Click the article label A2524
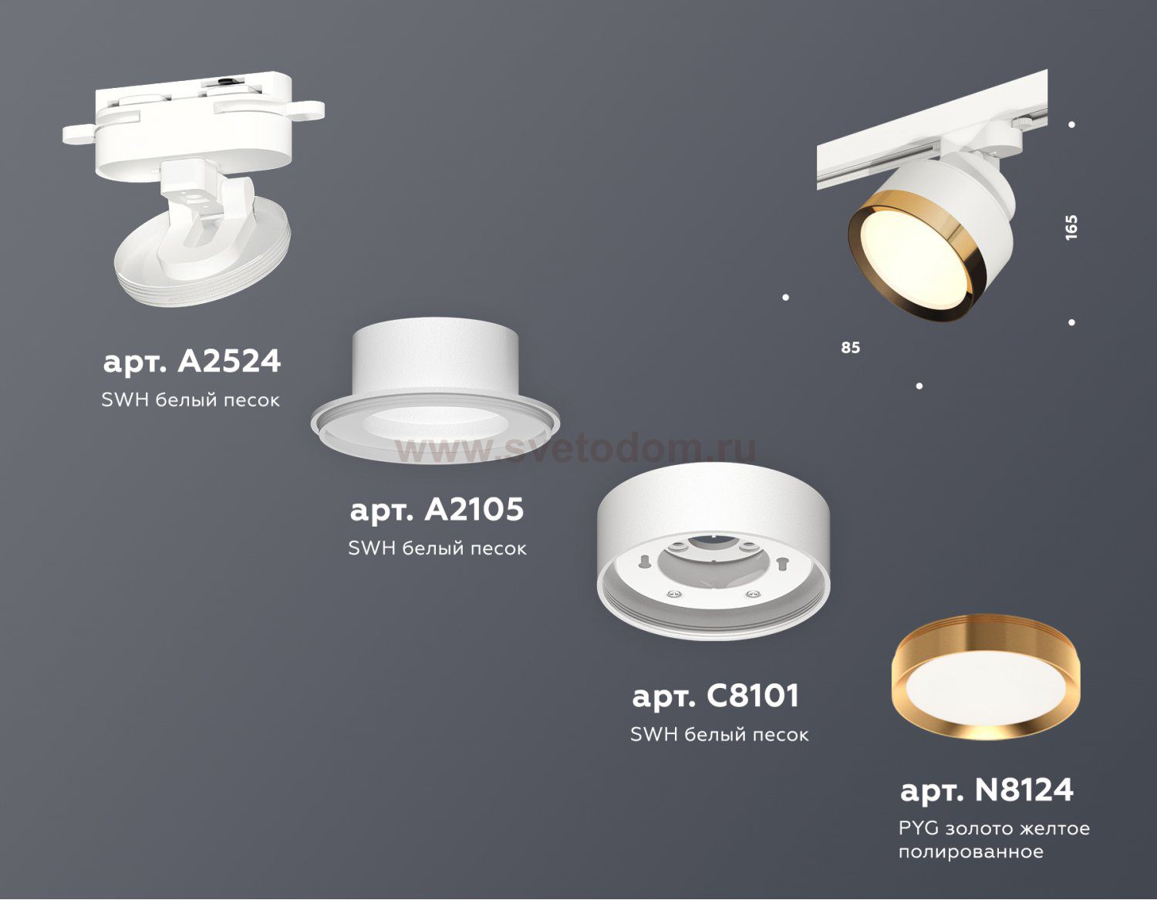(192, 362)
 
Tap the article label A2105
(437, 510)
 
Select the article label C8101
(716, 696)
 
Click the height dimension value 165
(1071, 228)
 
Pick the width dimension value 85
(850, 348)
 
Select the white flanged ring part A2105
(436, 390)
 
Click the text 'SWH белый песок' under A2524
(191, 400)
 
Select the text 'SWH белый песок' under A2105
(437, 548)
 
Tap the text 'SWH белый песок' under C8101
(720, 734)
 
